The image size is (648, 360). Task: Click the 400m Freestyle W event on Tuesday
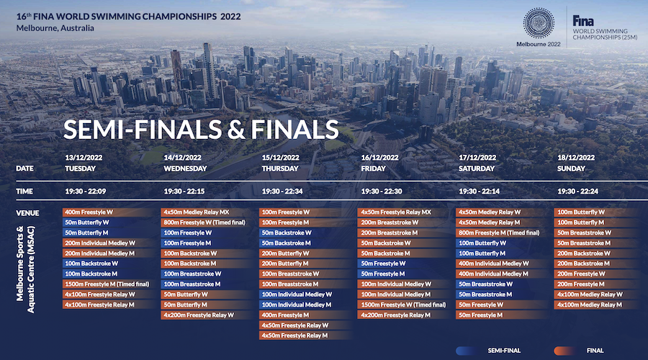click(x=89, y=212)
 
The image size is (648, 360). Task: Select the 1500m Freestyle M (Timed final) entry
click(x=107, y=284)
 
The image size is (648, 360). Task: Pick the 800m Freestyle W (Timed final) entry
click(x=204, y=222)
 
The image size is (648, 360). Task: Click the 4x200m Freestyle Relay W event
click(x=199, y=315)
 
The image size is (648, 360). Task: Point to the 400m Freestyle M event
click(x=285, y=315)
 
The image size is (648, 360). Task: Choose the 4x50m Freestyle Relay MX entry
click(x=396, y=212)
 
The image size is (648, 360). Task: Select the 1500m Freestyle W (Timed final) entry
click(x=403, y=305)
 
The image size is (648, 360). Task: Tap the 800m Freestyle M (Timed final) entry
click(x=499, y=233)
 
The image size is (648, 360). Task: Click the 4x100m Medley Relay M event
click(x=589, y=305)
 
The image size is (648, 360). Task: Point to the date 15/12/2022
click(x=281, y=158)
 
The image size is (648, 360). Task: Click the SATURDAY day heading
click(x=477, y=168)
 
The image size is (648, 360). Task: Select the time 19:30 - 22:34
click(x=282, y=192)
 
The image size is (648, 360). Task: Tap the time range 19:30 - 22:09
click(x=86, y=192)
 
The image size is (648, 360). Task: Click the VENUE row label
click(x=27, y=213)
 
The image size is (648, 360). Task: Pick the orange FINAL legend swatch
click(x=564, y=351)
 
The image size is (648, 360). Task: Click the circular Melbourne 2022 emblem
click(x=539, y=23)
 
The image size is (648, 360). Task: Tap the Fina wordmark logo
click(x=583, y=21)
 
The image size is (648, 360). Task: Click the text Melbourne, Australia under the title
click(x=55, y=28)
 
